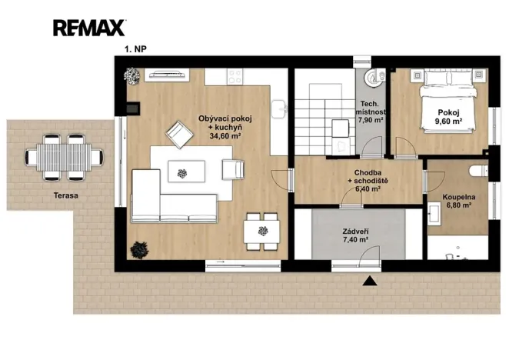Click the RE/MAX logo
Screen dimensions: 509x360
point(89,28)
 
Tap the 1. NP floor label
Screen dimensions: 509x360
point(135,49)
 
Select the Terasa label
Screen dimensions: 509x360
point(66,195)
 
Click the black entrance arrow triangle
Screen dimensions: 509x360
point(370,281)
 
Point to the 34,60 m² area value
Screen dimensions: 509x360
point(225,136)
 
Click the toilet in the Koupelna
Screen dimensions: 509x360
point(479,171)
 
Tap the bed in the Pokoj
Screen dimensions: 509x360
point(448,101)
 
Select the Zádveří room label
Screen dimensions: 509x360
point(355,232)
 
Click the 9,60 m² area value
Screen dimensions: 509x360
point(448,122)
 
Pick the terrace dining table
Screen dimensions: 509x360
point(65,158)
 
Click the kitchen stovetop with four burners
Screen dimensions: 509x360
point(235,77)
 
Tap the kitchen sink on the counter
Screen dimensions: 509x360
point(278,108)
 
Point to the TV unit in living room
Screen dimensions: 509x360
point(167,74)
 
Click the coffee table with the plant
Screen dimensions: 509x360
point(186,172)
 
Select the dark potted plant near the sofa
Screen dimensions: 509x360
point(139,250)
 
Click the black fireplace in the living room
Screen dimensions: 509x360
point(133,108)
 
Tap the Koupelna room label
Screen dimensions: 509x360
point(459,197)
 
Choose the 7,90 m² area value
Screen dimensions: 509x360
point(371,120)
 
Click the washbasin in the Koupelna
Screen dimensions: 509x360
point(434,214)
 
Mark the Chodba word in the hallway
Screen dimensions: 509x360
point(368,172)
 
